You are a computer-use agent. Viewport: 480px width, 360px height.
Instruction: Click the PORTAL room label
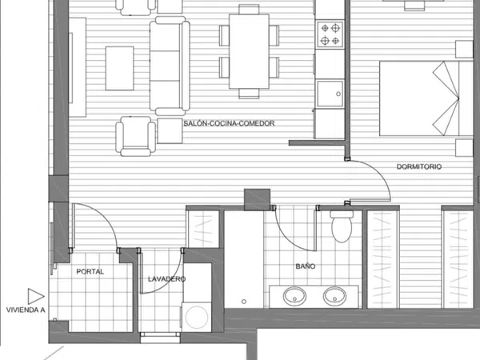click(x=90, y=271)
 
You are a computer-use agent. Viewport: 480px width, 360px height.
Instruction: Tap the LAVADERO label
click(x=166, y=279)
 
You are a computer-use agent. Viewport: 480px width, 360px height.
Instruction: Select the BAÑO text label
click(x=306, y=266)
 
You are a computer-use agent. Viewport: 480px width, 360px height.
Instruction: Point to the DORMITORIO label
click(x=419, y=167)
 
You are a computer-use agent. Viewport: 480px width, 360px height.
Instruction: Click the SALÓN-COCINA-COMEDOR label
click(x=229, y=123)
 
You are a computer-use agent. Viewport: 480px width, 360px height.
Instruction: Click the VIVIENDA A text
click(x=26, y=310)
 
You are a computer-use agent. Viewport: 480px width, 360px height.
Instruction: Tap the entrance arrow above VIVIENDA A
click(x=36, y=296)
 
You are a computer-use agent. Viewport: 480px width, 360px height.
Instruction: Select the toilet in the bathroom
click(x=342, y=226)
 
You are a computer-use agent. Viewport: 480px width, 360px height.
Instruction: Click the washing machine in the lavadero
click(x=197, y=317)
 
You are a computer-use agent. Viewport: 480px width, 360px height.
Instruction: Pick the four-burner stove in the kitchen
click(x=330, y=34)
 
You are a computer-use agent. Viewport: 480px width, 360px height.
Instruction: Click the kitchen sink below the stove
click(x=330, y=94)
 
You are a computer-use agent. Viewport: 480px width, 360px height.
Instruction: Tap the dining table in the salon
click(x=249, y=51)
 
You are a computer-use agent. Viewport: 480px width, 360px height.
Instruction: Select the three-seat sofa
click(x=170, y=66)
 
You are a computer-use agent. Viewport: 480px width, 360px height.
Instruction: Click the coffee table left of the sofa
click(x=119, y=68)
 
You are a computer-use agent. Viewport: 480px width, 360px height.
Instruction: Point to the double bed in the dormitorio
click(x=426, y=98)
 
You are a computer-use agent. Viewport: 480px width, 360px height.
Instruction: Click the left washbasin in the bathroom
click(x=294, y=296)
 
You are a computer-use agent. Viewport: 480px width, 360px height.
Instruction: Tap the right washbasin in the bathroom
click(x=334, y=296)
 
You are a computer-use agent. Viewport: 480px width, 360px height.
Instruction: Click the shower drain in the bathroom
click(x=244, y=302)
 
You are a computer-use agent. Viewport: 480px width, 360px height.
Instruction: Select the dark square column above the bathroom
click(x=257, y=199)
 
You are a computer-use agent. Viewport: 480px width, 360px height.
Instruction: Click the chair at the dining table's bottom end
click(x=249, y=94)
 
